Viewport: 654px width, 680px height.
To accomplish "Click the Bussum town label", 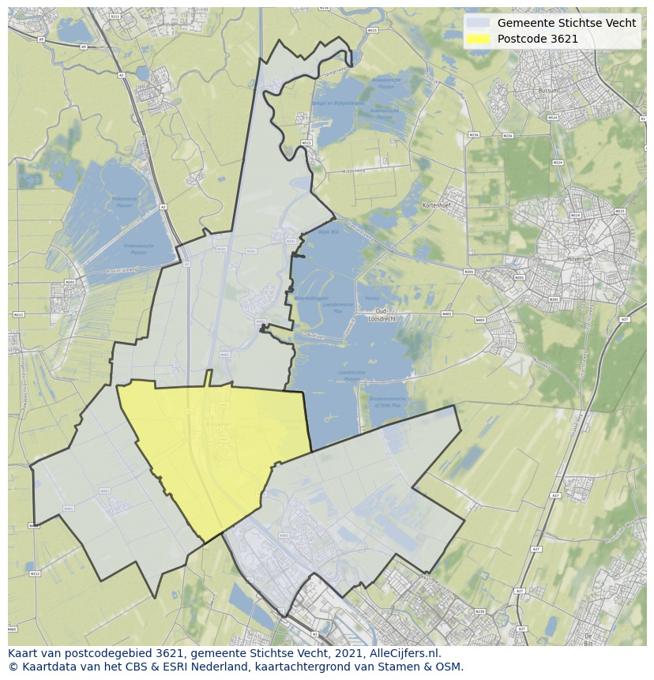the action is click(x=547, y=91).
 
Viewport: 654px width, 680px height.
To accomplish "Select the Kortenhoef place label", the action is click(x=435, y=205).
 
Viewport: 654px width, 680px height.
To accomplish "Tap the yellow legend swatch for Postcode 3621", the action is click(x=476, y=39).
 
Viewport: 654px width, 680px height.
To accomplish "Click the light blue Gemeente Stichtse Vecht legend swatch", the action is click(x=476, y=23).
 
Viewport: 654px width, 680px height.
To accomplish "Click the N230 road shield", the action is click(x=479, y=612).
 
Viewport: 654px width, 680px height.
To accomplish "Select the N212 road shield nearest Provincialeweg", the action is click(x=17, y=314).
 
